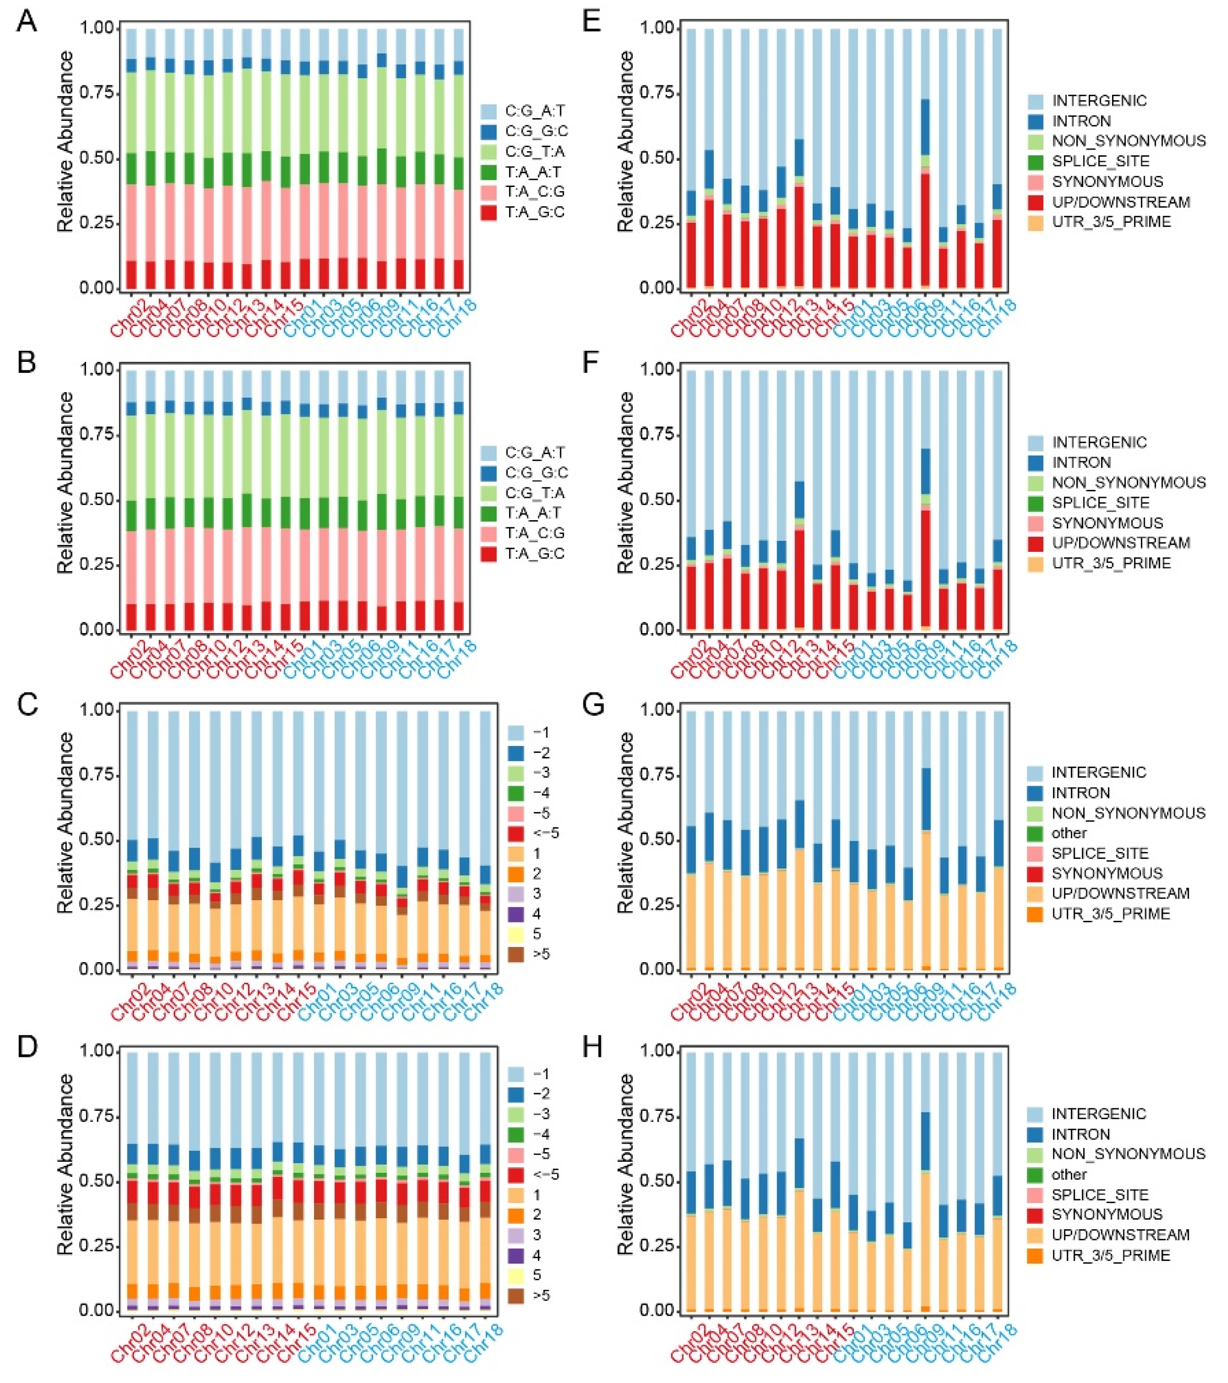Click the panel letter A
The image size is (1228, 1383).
click(27, 22)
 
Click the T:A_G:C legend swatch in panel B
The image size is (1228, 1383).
click(489, 553)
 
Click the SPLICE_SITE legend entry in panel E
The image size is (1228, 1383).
click(1100, 161)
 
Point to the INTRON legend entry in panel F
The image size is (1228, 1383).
click(1081, 462)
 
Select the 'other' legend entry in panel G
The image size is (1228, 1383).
click(1069, 833)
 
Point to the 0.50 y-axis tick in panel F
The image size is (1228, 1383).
click(658, 500)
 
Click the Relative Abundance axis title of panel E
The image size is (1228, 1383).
click(625, 142)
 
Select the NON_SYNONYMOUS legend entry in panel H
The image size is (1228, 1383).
click(1128, 1154)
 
